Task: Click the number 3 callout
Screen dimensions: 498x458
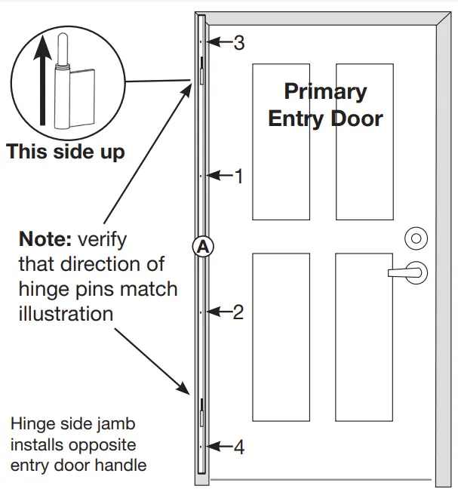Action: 238,43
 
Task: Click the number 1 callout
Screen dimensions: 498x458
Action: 238,177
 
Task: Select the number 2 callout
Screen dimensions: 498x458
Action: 238,312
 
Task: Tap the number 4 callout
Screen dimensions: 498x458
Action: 238,447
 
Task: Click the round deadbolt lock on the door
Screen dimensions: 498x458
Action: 414,238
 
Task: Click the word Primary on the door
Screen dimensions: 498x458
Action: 325,92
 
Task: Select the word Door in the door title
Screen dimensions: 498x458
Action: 355,118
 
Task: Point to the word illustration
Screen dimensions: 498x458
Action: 66,313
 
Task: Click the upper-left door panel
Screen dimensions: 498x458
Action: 281,141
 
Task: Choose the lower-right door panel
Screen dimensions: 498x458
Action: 364,337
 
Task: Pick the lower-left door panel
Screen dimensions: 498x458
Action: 281,337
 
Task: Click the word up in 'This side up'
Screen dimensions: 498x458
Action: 112,151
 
